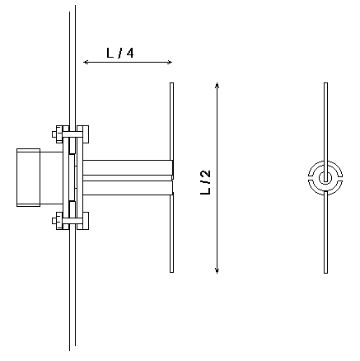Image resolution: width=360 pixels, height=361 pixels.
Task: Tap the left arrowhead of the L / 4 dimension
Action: pyautogui.click(x=85, y=62)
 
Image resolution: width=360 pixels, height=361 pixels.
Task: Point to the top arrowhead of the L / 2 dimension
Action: pyautogui.click(x=217, y=84)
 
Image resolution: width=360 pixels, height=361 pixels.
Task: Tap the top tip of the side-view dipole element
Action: pyautogui.click(x=171, y=84)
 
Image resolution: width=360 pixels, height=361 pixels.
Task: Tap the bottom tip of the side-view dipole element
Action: pyautogui.click(x=171, y=271)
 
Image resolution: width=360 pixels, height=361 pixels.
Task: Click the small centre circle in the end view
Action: pyautogui.click(x=325, y=177)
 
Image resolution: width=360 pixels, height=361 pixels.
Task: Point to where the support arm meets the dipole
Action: pyautogui.click(x=171, y=177)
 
